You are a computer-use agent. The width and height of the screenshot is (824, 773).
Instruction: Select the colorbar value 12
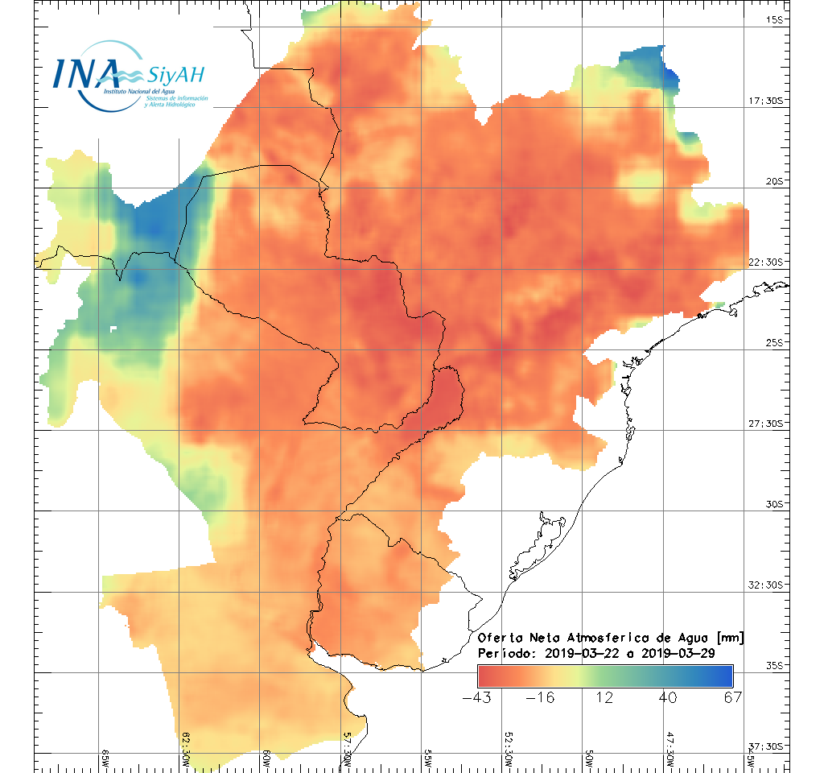(604, 697)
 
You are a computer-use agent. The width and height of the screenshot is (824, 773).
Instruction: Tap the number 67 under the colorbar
(731, 697)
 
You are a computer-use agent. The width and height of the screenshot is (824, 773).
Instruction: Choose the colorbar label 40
(668, 697)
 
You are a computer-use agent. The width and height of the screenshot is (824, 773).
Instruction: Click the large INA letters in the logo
(86, 72)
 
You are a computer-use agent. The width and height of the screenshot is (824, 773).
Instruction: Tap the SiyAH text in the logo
(176, 76)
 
